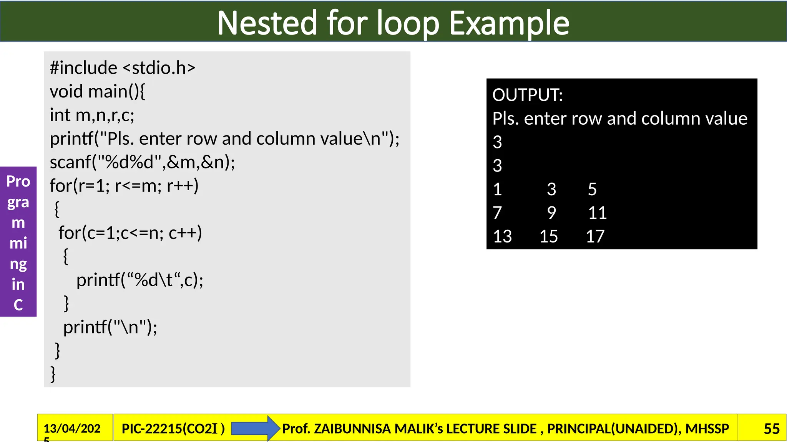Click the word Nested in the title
(267, 23)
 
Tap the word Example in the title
(509, 23)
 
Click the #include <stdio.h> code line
(123, 68)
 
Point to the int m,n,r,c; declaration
(92, 115)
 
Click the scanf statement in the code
(142, 162)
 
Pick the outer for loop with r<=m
(124, 186)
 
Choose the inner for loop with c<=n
(130, 233)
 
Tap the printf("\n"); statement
(110, 327)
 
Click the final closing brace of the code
(53, 374)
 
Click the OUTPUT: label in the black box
(528, 95)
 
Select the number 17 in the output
(595, 236)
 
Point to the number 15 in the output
(549, 236)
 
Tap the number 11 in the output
(597, 213)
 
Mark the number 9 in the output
(551, 213)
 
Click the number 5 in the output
(592, 190)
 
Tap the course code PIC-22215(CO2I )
(173, 429)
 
